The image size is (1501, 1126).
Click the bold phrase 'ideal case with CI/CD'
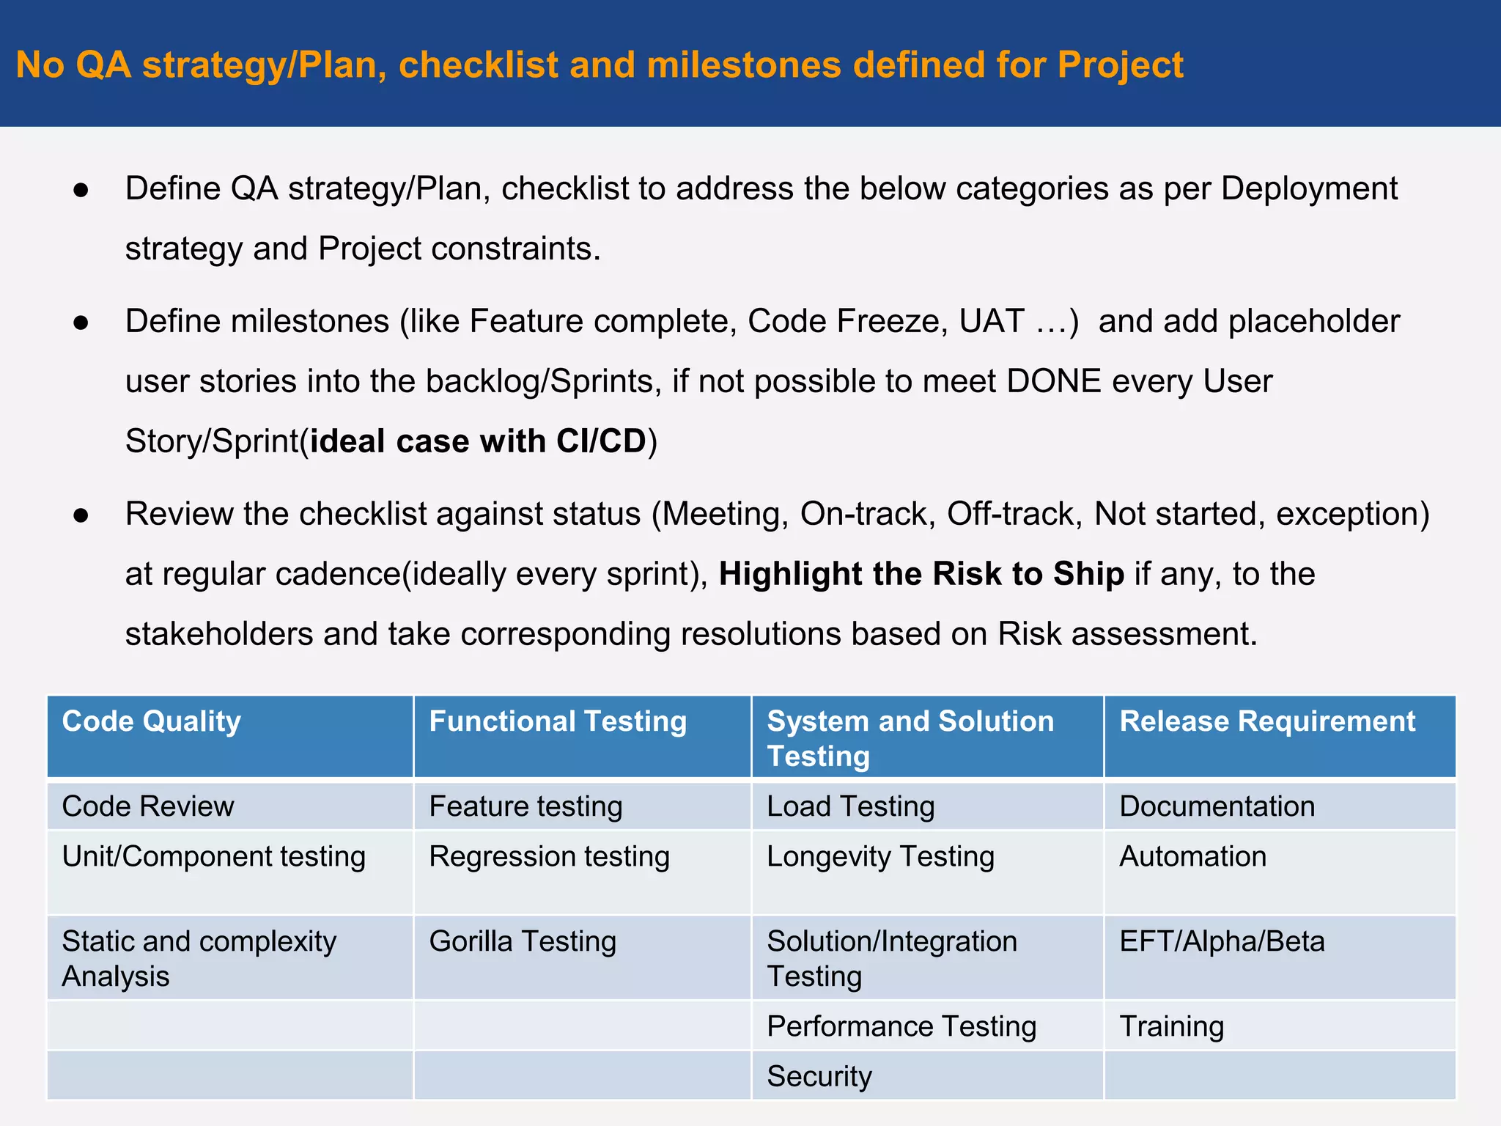click(x=478, y=441)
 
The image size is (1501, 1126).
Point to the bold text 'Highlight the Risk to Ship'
click(x=921, y=574)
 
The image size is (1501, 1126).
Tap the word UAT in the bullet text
click(x=992, y=321)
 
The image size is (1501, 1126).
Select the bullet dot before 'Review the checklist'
click(x=81, y=515)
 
